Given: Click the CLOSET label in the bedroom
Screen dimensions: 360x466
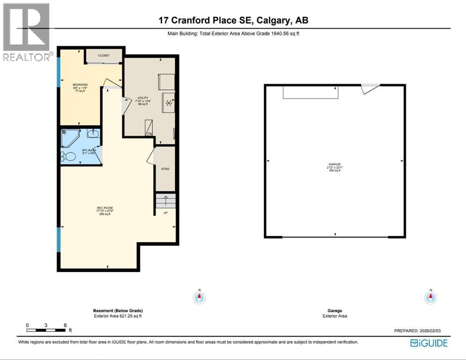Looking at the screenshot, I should click(104, 55).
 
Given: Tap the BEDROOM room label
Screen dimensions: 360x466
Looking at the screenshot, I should click(80, 85).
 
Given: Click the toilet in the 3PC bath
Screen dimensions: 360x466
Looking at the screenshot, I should click(69, 156).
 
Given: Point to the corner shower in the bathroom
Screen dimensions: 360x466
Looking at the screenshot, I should click(70, 137).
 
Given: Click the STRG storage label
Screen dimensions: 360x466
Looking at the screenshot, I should click(165, 169).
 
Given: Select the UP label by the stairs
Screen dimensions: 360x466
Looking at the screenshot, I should click(165, 212).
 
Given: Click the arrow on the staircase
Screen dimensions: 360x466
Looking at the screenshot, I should click(165, 202).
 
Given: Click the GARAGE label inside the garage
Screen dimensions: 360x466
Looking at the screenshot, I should click(334, 164).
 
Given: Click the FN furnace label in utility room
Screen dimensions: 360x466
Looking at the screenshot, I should click(149, 134).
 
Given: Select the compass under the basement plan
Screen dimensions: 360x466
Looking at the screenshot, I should click(199, 297).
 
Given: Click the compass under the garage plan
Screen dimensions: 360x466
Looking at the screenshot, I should click(430, 297).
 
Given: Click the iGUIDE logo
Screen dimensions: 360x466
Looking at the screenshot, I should click(429, 343).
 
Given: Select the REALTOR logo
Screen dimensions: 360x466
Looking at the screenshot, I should click(26, 32).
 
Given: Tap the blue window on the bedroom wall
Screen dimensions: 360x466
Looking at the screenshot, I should click(59, 71).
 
